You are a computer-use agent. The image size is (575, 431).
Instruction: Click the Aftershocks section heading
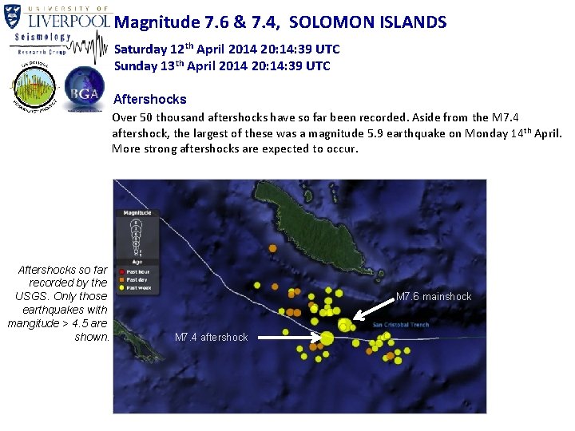pos(150,100)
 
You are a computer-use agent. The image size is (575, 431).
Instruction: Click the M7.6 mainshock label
pos(434,297)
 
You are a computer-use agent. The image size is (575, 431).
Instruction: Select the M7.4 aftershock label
pos(211,338)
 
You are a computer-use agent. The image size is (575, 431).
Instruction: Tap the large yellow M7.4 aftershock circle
pos(327,338)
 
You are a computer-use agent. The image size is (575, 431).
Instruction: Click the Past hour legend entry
pos(138,272)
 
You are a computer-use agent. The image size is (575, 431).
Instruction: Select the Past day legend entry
pos(137,280)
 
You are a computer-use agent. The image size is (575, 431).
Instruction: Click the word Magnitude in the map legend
pos(137,213)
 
